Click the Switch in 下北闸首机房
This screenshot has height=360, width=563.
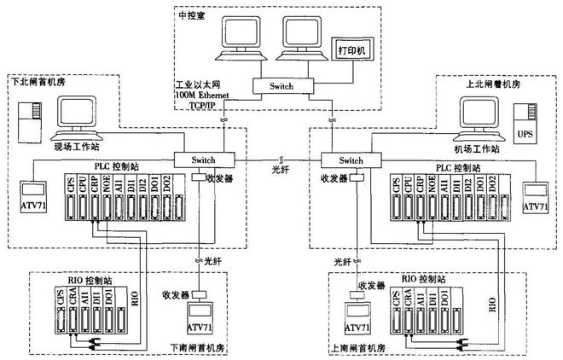click(x=202, y=160)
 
